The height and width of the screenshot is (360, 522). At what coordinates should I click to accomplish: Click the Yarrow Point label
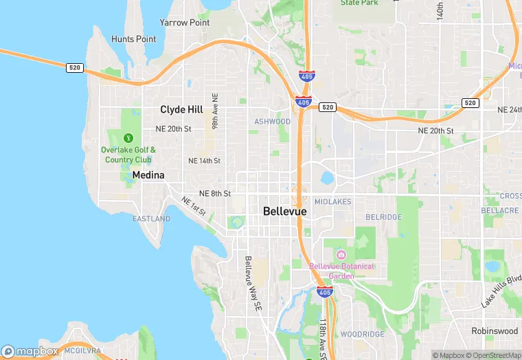[x=184, y=23]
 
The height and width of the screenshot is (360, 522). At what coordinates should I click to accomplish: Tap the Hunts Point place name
[x=133, y=39]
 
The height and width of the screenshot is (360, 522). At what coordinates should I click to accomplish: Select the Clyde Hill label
[x=181, y=109]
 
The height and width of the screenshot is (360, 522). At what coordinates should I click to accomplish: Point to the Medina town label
[x=148, y=175]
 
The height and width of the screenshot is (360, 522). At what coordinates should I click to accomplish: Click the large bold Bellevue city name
[x=285, y=212]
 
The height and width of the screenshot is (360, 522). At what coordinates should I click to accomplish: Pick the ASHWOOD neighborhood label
[x=272, y=122]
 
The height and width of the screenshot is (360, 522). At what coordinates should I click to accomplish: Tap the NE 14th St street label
[x=204, y=161]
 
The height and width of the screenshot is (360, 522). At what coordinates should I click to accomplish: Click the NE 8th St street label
[x=214, y=194]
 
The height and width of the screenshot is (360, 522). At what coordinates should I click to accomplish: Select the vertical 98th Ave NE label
[x=215, y=112]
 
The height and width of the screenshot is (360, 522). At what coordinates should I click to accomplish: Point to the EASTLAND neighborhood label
[x=151, y=219]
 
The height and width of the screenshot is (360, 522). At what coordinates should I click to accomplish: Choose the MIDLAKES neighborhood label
[x=332, y=202]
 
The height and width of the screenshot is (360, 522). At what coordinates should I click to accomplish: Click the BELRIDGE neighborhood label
[x=383, y=217]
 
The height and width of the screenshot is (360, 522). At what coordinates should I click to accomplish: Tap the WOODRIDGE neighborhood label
[x=363, y=334]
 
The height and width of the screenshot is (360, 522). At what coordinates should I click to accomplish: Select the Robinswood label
[x=495, y=331]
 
